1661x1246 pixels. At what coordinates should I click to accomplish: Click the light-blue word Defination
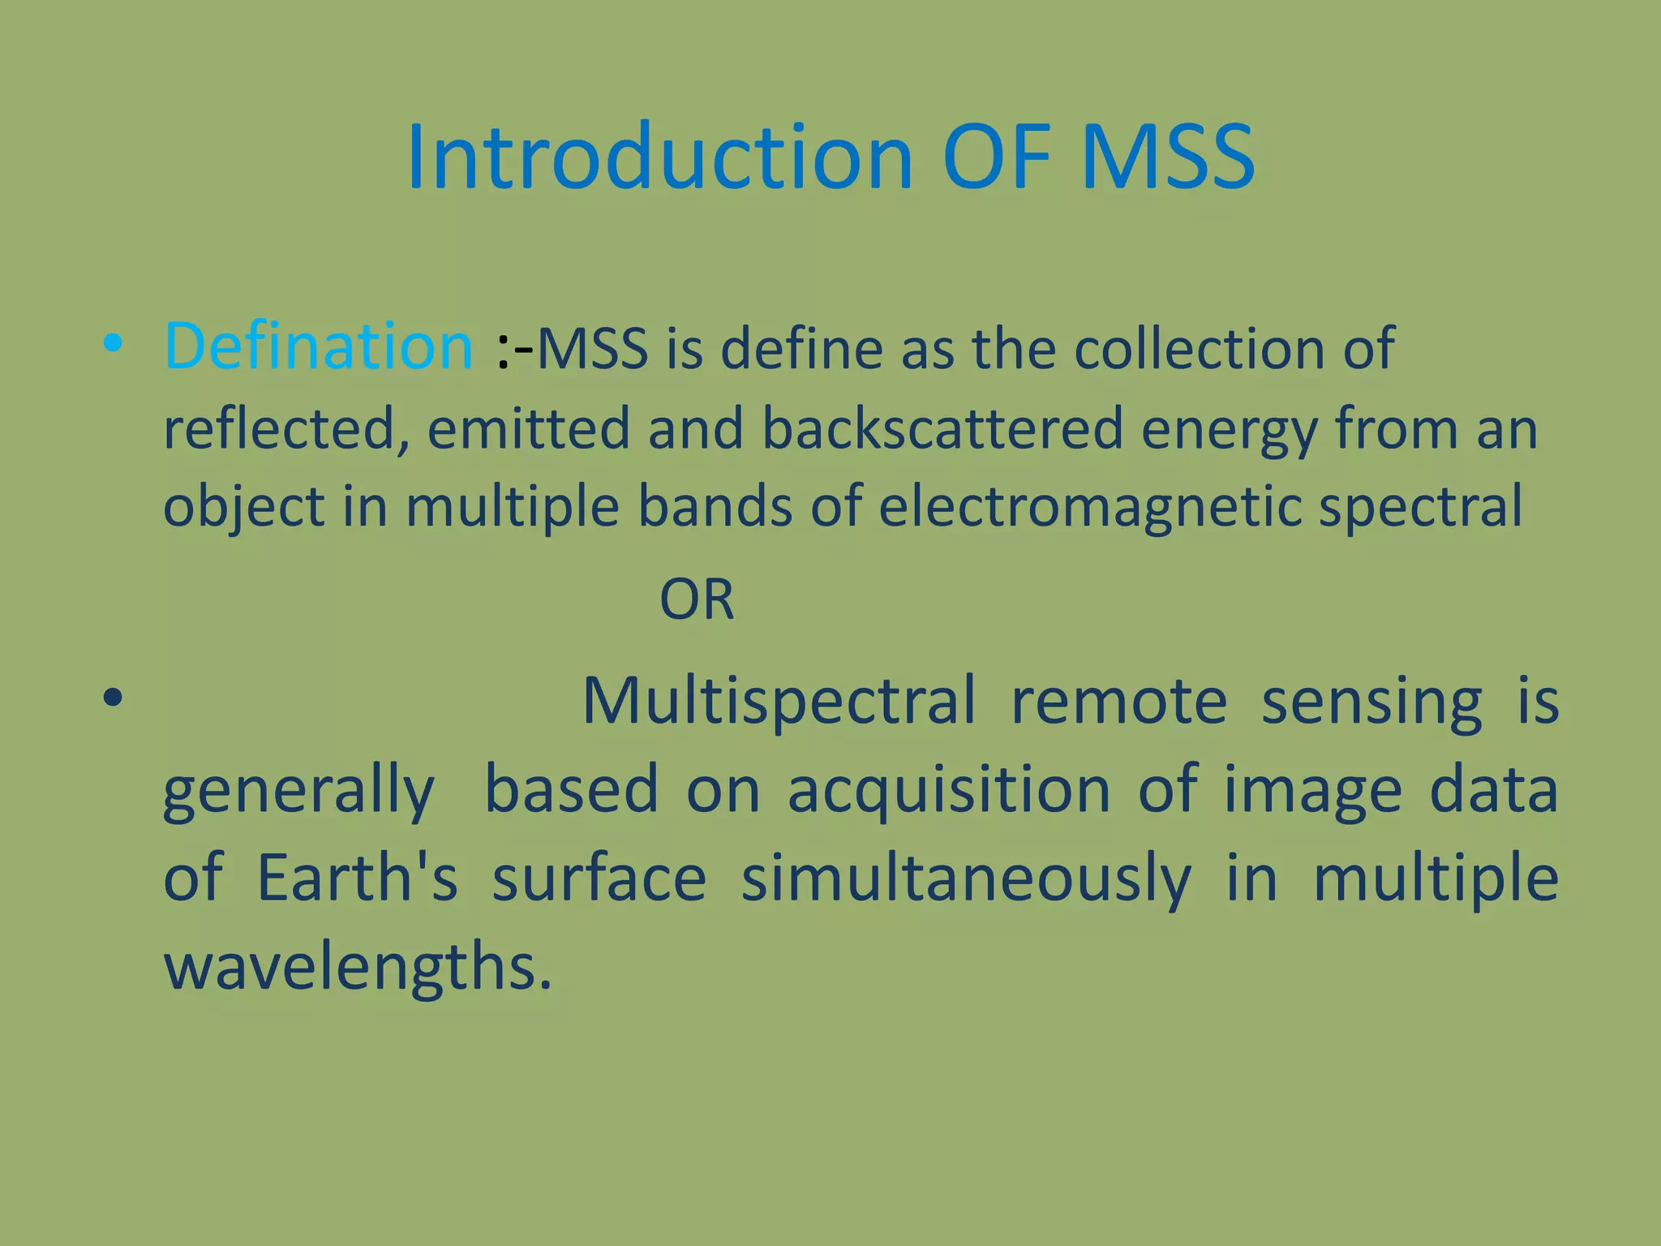(319, 347)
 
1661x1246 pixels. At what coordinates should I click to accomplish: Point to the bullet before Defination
(113, 345)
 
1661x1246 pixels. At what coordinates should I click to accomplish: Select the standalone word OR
(697, 600)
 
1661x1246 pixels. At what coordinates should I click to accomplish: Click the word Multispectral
(779, 701)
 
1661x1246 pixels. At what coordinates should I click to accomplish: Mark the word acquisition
(949, 790)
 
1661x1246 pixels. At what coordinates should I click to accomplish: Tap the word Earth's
(357, 879)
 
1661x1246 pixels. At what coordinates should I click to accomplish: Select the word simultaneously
(965, 880)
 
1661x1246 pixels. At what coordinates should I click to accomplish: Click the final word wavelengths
(357, 967)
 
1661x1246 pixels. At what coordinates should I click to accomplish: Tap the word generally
(298, 792)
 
